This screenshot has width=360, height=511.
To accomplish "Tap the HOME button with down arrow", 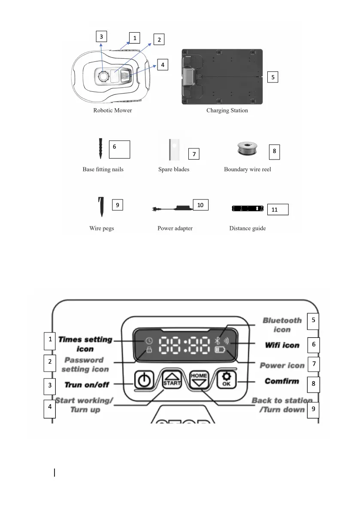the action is (x=199, y=380).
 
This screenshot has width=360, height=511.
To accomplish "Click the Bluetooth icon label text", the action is (x=282, y=325).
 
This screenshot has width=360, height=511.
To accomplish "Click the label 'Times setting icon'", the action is (x=85, y=344).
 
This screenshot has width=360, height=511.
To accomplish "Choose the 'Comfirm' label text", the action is (x=281, y=381).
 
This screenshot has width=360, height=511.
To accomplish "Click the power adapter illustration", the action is (x=172, y=209).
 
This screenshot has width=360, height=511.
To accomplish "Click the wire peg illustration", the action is (x=100, y=207).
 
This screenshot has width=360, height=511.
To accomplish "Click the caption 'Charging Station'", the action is (x=227, y=110).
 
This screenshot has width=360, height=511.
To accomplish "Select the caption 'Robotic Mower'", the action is (x=113, y=110).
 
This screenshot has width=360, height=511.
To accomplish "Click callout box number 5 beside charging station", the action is (x=273, y=77).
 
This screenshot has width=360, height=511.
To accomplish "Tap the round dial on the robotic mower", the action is (x=104, y=76).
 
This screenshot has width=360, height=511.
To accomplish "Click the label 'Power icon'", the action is (x=282, y=366).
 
